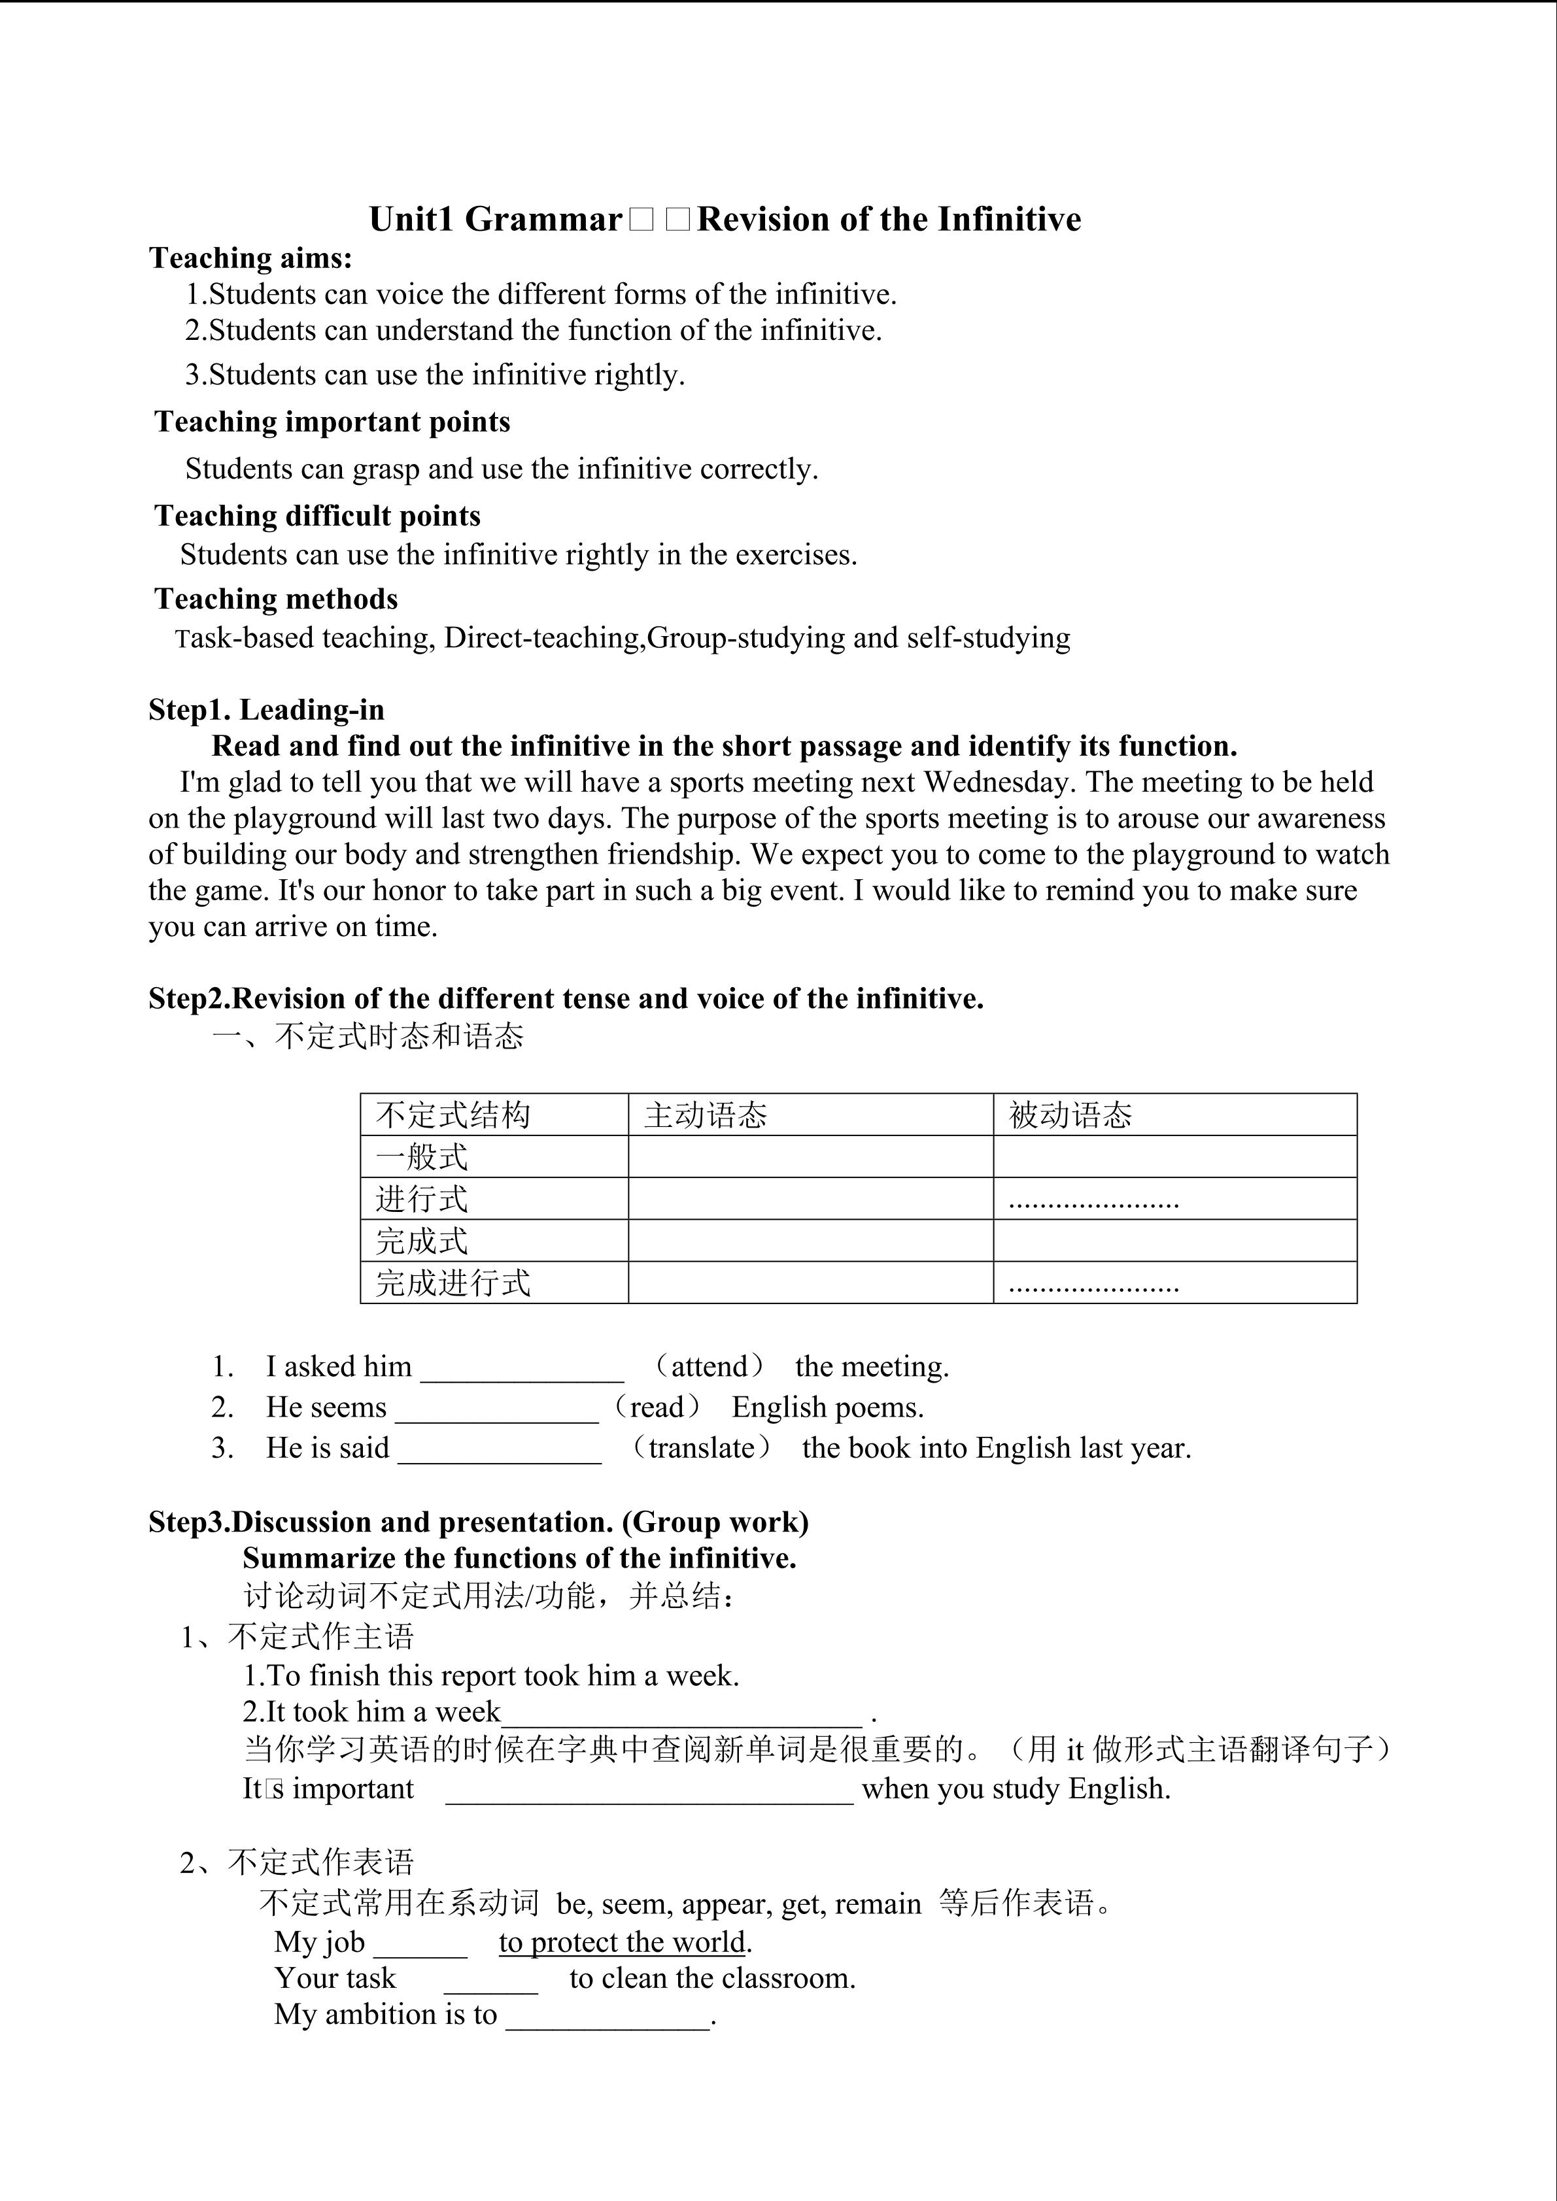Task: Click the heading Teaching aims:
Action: pos(251,258)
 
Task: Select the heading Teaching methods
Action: pos(276,599)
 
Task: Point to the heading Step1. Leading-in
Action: pos(267,711)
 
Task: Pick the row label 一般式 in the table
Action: pos(422,1157)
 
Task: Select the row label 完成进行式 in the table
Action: pos(453,1283)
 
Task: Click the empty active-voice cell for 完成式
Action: pos(810,1241)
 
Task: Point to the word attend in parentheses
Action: pos(710,1366)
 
